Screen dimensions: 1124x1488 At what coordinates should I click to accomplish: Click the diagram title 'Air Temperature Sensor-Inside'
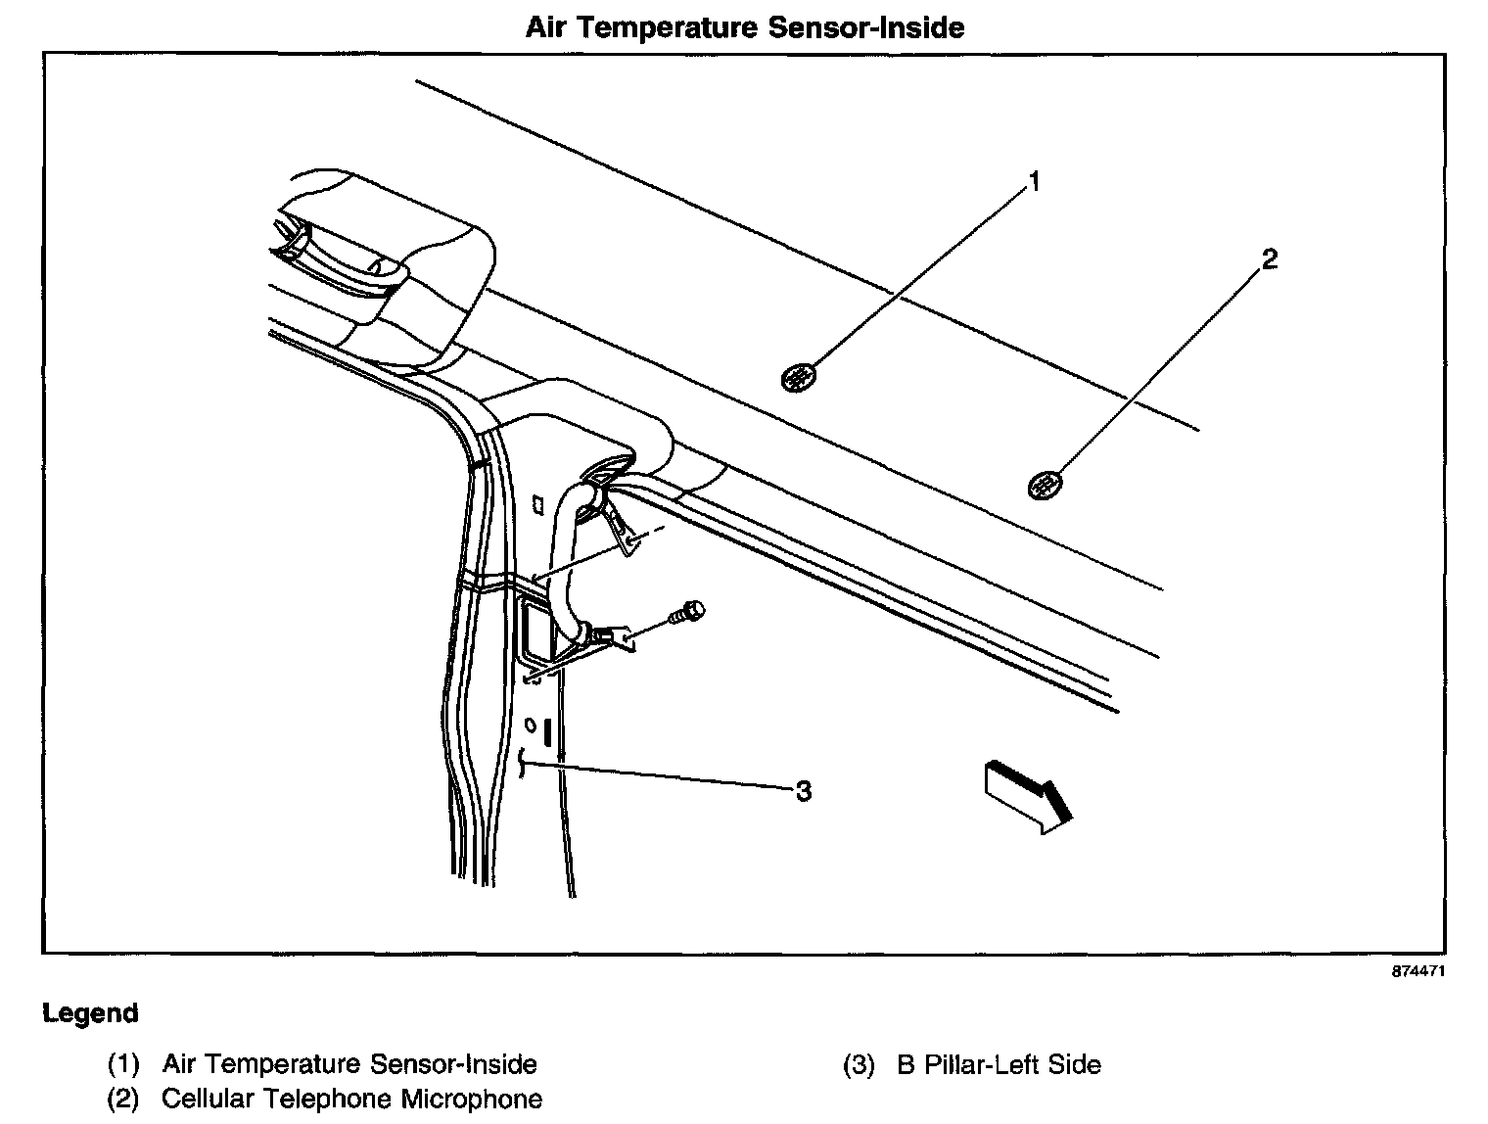click(x=744, y=27)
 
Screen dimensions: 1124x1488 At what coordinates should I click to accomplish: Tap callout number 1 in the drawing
click(x=1033, y=182)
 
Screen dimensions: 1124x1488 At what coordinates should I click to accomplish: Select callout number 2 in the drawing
click(x=1269, y=260)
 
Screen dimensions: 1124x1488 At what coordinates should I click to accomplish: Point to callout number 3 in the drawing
click(x=803, y=791)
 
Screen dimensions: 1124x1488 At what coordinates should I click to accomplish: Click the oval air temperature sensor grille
click(x=800, y=376)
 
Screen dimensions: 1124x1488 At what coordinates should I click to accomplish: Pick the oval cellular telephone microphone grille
click(x=1046, y=484)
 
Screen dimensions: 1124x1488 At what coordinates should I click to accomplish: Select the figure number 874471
click(x=1418, y=972)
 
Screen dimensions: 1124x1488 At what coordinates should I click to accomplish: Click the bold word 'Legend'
click(x=90, y=1014)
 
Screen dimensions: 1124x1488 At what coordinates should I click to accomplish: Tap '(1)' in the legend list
click(x=123, y=1064)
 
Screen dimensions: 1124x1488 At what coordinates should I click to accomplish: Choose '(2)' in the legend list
click(x=123, y=1099)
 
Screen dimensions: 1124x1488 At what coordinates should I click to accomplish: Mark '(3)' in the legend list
click(x=858, y=1064)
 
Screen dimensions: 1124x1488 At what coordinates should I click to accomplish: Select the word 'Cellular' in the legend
click(x=204, y=1099)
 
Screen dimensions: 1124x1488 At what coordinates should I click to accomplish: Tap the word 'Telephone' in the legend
click(x=322, y=1099)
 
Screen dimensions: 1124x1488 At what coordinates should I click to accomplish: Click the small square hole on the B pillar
click(x=536, y=505)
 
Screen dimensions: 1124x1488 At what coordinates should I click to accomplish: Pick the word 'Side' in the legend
click(x=1075, y=1064)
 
